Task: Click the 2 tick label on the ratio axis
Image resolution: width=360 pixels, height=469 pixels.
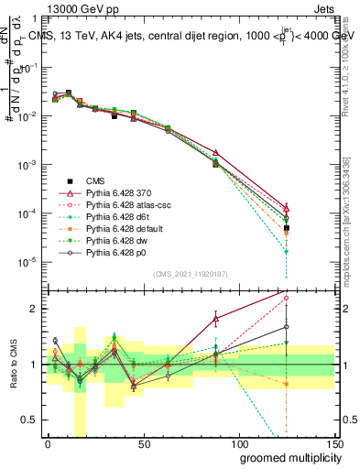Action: [x=36, y=309]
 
